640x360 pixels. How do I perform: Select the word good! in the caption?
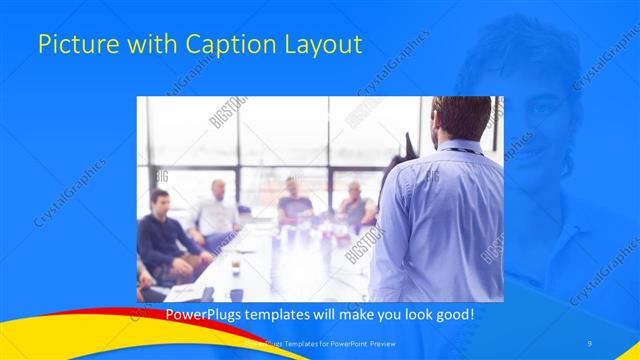coord(450,315)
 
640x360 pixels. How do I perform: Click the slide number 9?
coord(590,343)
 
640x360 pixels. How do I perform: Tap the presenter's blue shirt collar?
coord(462,148)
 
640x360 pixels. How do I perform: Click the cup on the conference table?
coord(236,266)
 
